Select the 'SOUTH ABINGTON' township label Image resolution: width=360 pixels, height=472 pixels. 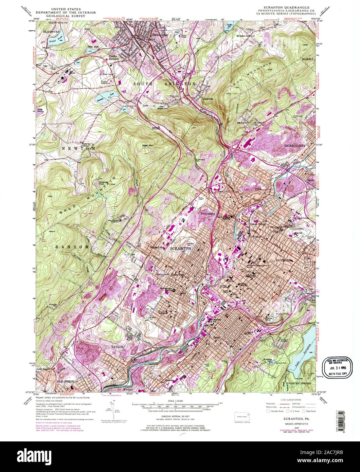click(164, 84)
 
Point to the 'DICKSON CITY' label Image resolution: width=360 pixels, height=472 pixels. click(295, 146)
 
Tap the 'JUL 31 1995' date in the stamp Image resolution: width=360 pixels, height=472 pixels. click(339, 368)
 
